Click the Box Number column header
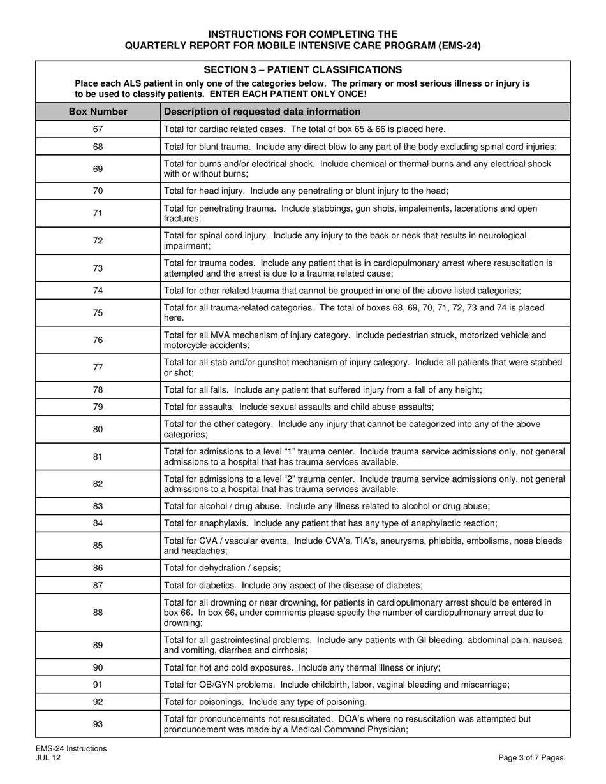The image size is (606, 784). pos(98,112)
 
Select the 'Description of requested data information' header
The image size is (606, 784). pos(262,112)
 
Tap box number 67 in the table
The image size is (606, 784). pos(98,129)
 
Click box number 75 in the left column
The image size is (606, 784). pos(98,312)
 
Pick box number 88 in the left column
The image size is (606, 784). pos(98,613)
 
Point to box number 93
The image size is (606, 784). pos(98,724)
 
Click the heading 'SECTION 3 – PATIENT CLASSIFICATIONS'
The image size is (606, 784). pos(302,70)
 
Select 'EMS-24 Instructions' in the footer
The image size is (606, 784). pos(71,749)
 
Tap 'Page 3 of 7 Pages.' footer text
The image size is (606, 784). pos(532,758)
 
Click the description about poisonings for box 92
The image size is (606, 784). pos(265,702)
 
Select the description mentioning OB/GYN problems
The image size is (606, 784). pos(337,685)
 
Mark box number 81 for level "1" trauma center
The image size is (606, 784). pos(98,456)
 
